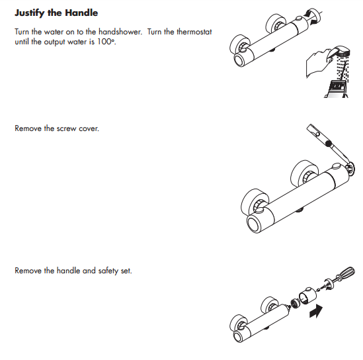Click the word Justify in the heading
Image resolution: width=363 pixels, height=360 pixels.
pyautogui.click(x=31, y=13)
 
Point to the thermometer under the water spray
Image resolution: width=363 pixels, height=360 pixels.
pyautogui.click(x=338, y=89)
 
